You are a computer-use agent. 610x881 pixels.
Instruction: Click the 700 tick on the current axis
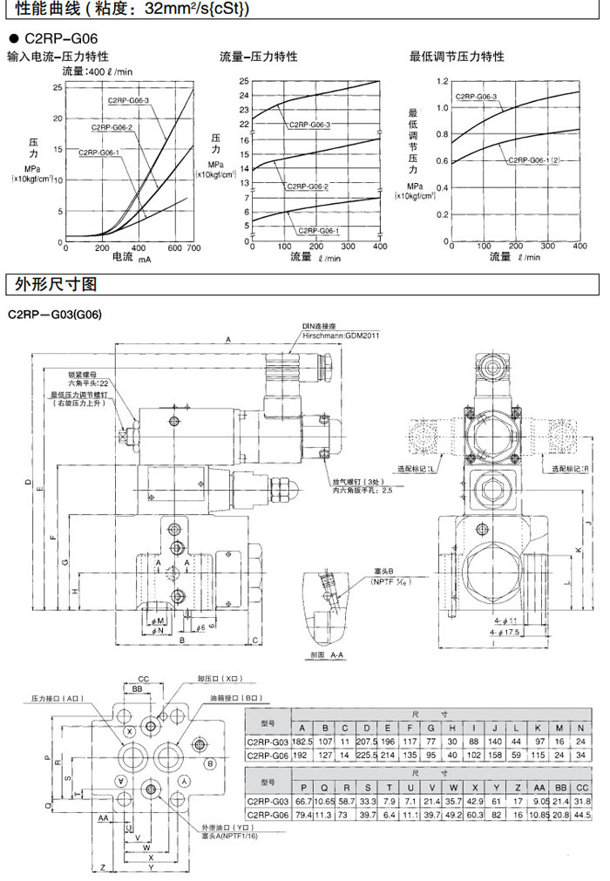pyautogui.click(x=193, y=248)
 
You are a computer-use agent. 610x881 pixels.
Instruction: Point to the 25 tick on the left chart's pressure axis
pyautogui.click(x=58, y=87)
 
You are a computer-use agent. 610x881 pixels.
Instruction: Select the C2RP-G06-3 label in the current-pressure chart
pyautogui.click(x=129, y=101)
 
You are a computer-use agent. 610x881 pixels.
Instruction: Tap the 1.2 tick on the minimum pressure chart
pyautogui.click(x=442, y=80)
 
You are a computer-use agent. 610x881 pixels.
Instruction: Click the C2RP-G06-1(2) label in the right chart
pyautogui.click(x=533, y=160)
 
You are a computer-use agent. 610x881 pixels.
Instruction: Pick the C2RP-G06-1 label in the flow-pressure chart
pyautogui.click(x=318, y=230)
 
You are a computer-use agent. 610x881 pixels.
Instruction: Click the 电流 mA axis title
pyautogui.click(x=131, y=259)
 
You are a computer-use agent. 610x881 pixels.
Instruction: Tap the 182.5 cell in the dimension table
pyautogui.click(x=302, y=741)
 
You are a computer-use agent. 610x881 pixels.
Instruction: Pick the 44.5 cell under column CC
pyautogui.click(x=583, y=815)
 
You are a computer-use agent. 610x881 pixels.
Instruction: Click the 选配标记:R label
pyautogui.click(x=570, y=469)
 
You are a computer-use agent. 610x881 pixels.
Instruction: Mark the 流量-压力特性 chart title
pyautogui.click(x=259, y=57)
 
